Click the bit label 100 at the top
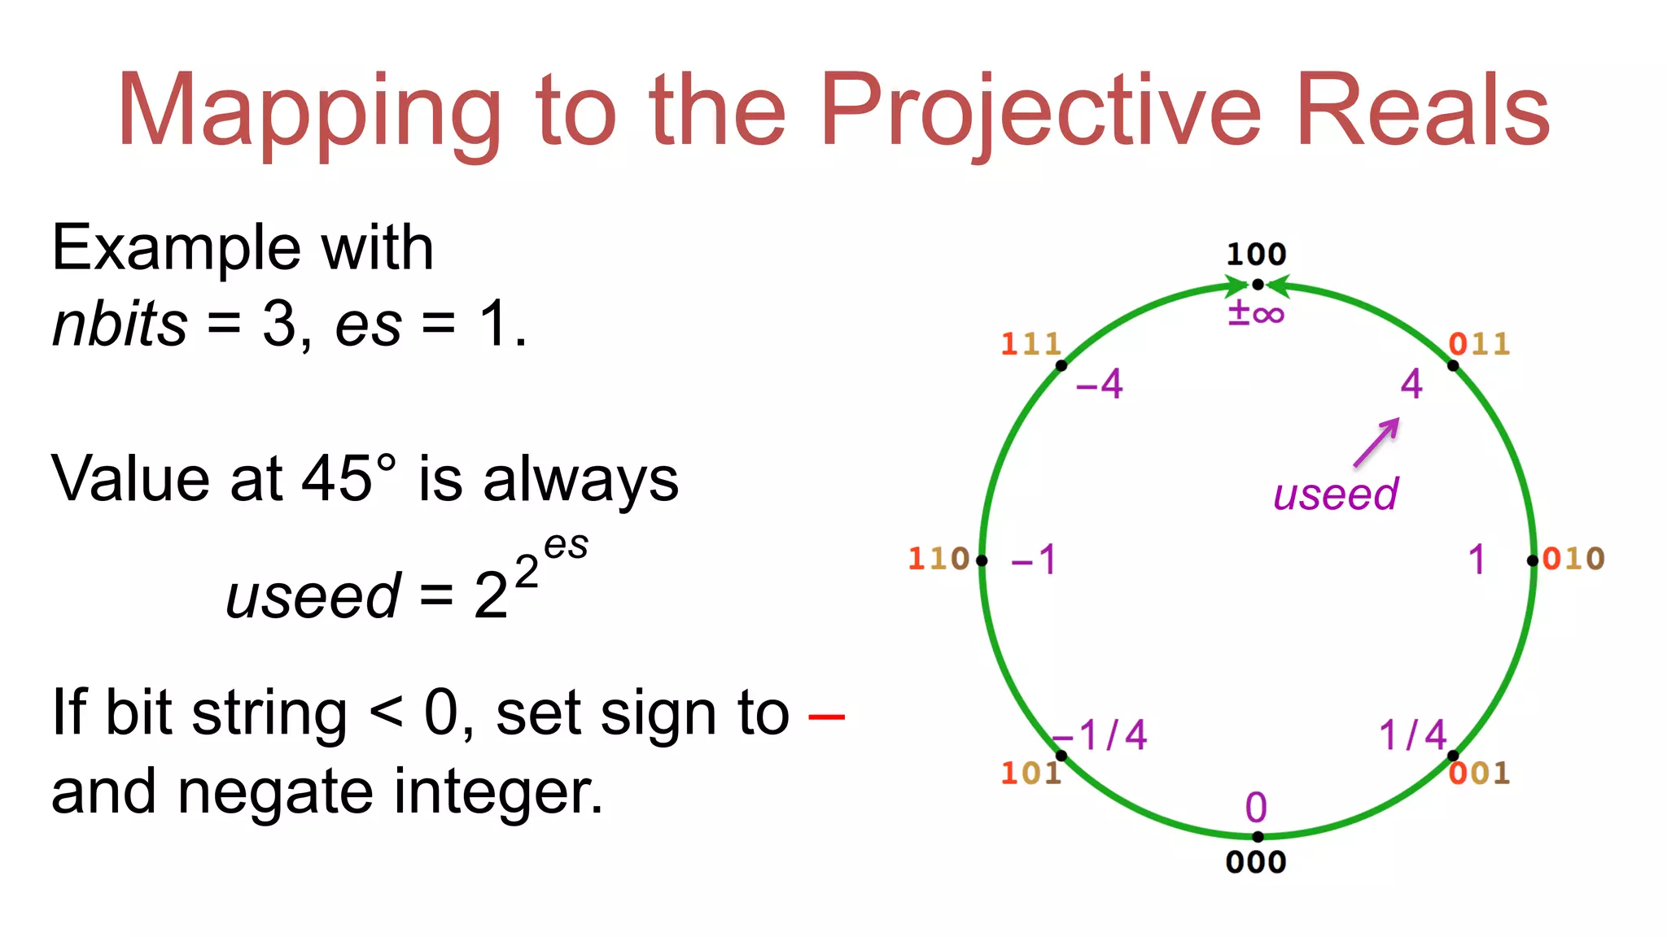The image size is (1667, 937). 1256,255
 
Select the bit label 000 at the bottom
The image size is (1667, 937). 1256,862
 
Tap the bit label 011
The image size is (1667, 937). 1480,344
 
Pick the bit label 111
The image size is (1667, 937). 1030,344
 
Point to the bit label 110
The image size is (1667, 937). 939,559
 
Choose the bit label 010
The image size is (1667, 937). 1573,559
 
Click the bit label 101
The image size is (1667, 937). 1030,773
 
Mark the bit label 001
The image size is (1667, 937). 1480,773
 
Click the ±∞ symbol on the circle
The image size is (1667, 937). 1256,313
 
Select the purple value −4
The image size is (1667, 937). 1099,384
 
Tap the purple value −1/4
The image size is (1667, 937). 1100,735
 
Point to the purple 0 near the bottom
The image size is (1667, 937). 1256,808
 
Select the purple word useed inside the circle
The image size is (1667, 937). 1336,495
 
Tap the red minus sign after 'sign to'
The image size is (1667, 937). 826,717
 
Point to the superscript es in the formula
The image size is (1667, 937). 566,546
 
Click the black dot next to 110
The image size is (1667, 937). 982,560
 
